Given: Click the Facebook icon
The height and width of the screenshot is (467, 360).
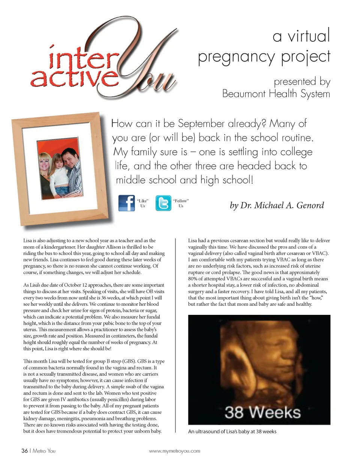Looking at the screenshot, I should coord(126,203).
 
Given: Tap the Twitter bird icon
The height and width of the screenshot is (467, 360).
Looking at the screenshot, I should coord(163,203).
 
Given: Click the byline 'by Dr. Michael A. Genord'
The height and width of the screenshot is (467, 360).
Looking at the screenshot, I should coord(277,205).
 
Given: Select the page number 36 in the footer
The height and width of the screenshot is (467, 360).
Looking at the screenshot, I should coord(24,451).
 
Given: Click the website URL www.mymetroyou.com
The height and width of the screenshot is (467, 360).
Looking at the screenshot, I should coord(174,451).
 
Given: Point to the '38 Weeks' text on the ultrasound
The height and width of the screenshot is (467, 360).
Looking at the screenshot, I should coord(262,412).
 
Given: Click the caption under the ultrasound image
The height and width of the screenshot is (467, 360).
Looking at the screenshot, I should coord(232,431).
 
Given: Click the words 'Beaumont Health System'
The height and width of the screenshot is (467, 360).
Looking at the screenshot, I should coord(276,94).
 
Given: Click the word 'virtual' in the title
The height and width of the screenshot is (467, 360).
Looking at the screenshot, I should coord(309,36).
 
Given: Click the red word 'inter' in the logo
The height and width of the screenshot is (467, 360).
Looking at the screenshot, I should coord(83,59).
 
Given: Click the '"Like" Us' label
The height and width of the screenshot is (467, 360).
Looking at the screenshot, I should coord(142,203).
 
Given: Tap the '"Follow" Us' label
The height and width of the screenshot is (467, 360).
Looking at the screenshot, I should coord(181,203).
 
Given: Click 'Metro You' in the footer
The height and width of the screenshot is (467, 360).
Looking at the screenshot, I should coord(44,451).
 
